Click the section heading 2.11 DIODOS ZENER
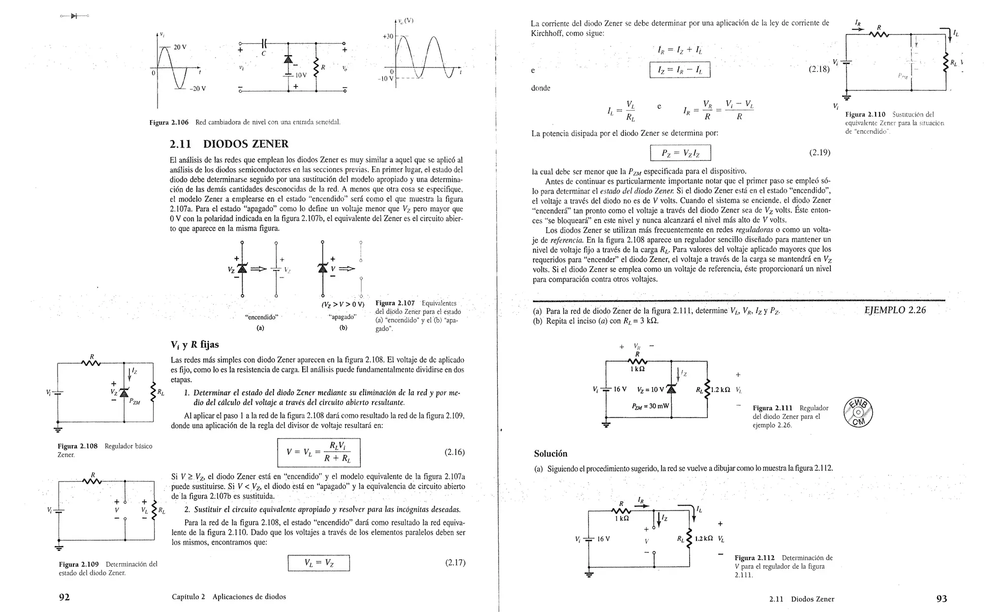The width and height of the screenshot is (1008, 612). click(x=229, y=144)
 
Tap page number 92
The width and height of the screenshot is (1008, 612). click(x=64, y=597)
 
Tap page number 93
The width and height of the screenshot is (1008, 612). click(x=942, y=599)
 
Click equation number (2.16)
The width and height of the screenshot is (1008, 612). click(x=454, y=452)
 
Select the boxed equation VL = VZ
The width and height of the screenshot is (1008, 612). click(x=318, y=563)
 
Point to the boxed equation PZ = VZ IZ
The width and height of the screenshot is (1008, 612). click(x=680, y=153)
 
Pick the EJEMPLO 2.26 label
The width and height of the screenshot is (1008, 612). click(x=895, y=310)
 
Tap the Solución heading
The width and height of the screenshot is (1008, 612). click(x=551, y=454)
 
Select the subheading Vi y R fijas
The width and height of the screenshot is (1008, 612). click(x=194, y=344)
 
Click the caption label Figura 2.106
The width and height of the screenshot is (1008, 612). click(x=169, y=122)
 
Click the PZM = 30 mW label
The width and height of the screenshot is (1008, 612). click(x=650, y=406)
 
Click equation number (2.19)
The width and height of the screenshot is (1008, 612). click(x=819, y=153)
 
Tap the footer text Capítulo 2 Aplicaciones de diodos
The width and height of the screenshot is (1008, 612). click(x=229, y=597)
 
